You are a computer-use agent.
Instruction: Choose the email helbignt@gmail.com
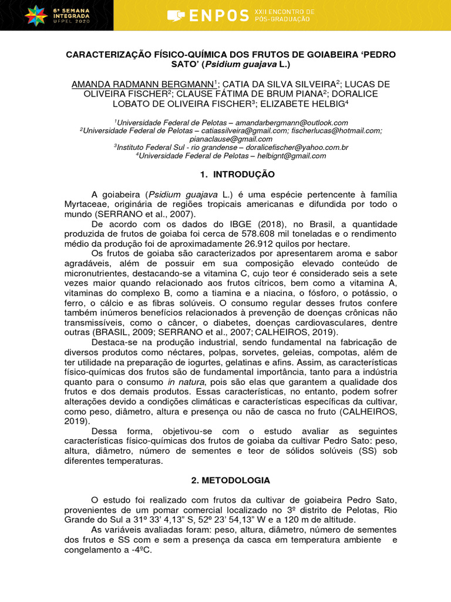click(291, 156)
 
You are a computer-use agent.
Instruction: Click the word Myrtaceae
click(90, 204)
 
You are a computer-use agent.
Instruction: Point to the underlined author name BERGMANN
click(183, 84)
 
